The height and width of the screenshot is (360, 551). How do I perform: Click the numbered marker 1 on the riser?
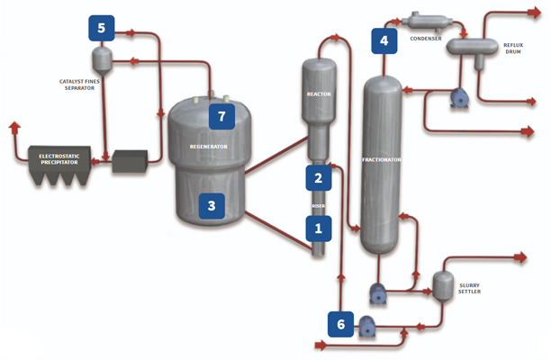click(318, 229)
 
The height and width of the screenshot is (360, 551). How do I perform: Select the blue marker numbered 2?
click(318, 177)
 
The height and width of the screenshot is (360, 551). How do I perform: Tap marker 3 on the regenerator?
click(212, 206)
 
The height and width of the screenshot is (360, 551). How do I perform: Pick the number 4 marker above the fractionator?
click(384, 40)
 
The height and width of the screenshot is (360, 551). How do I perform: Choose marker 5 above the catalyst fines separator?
click(102, 28)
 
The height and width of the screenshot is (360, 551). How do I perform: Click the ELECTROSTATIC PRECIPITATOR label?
click(65, 160)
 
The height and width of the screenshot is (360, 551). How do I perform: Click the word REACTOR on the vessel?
click(319, 94)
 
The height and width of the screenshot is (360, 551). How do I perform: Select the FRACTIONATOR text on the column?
click(381, 160)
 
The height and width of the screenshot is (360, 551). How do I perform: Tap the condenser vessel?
click(422, 20)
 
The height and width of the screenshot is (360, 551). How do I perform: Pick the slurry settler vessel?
click(443, 283)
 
